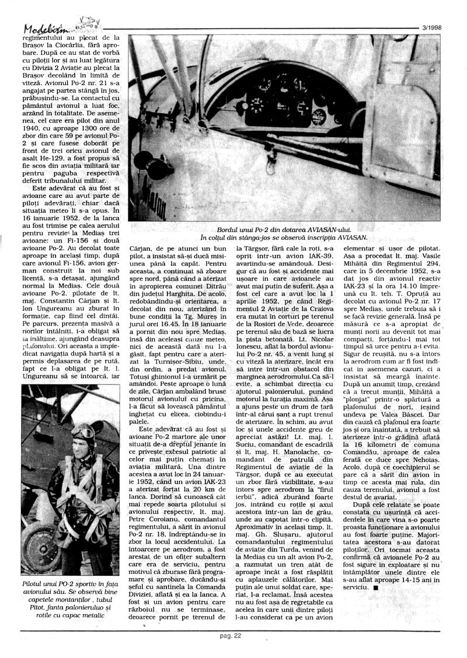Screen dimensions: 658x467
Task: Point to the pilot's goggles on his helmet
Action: coord(81,431)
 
